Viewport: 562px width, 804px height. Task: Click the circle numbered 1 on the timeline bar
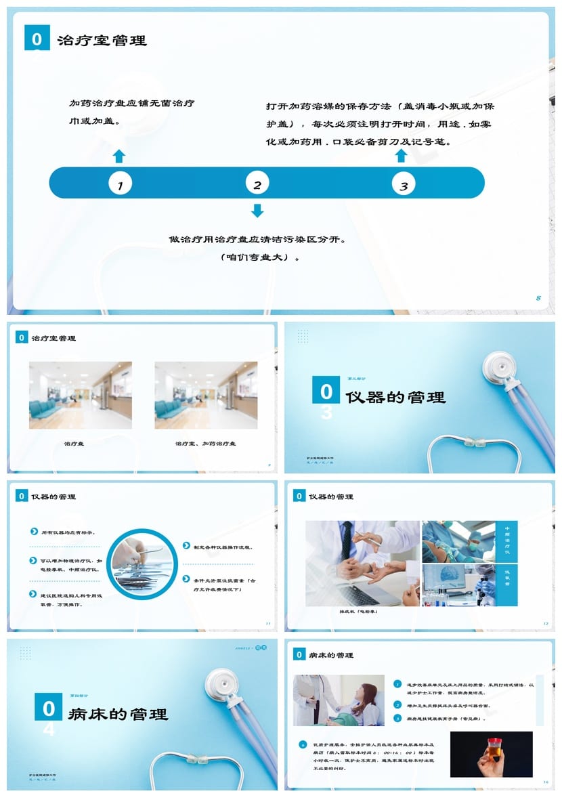[120, 184]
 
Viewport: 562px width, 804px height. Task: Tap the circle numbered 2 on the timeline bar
[257, 184]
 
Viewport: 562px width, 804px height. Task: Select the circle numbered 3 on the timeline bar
[404, 184]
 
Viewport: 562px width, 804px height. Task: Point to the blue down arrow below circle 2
[257, 211]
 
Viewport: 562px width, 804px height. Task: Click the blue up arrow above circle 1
[119, 156]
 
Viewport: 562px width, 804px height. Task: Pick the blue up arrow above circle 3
[401, 156]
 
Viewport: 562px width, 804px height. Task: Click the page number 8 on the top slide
[538, 298]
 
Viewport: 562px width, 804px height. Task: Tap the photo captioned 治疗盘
[80, 395]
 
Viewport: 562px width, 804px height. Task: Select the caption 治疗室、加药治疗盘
[206, 444]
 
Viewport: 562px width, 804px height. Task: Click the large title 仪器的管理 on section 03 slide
[395, 398]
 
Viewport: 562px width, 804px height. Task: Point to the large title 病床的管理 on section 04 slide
[118, 714]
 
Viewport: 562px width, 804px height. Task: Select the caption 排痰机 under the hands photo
[359, 612]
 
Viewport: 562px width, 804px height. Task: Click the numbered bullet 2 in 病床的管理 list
[398, 705]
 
